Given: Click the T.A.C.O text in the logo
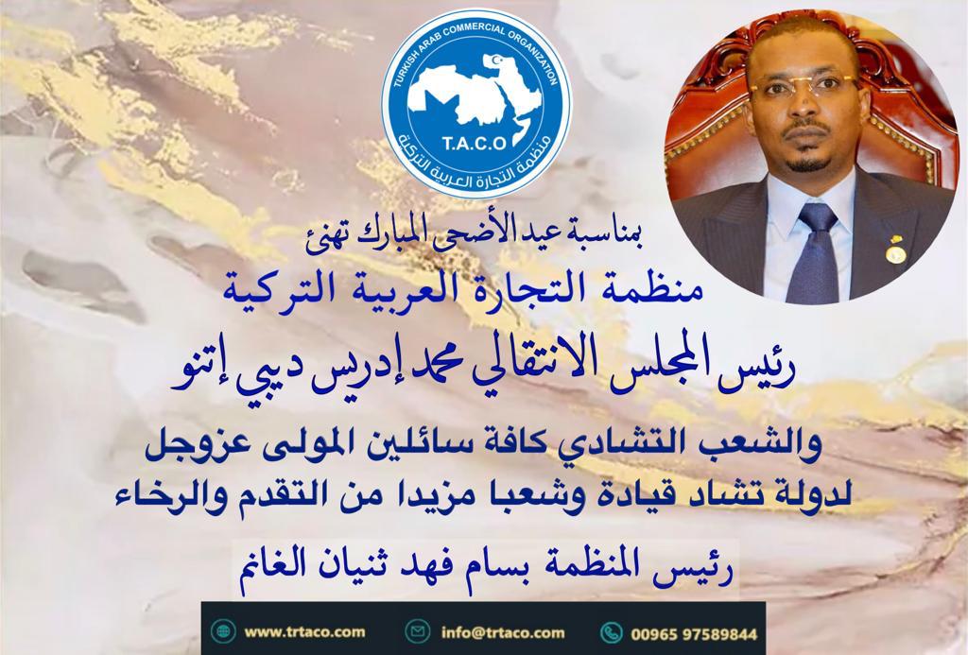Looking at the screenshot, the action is [x=475, y=144].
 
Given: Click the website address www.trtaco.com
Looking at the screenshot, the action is [x=304, y=632].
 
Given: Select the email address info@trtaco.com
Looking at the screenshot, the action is [x=503, y=632].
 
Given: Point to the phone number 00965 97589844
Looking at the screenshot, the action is [x=694, y=633].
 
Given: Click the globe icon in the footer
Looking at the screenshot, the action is [x=223, y=631].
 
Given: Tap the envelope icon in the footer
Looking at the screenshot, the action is [x=417, y=631].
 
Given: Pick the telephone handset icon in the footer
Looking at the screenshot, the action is [x=612, y=632].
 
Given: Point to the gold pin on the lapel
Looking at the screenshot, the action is [x=894, y=250].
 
